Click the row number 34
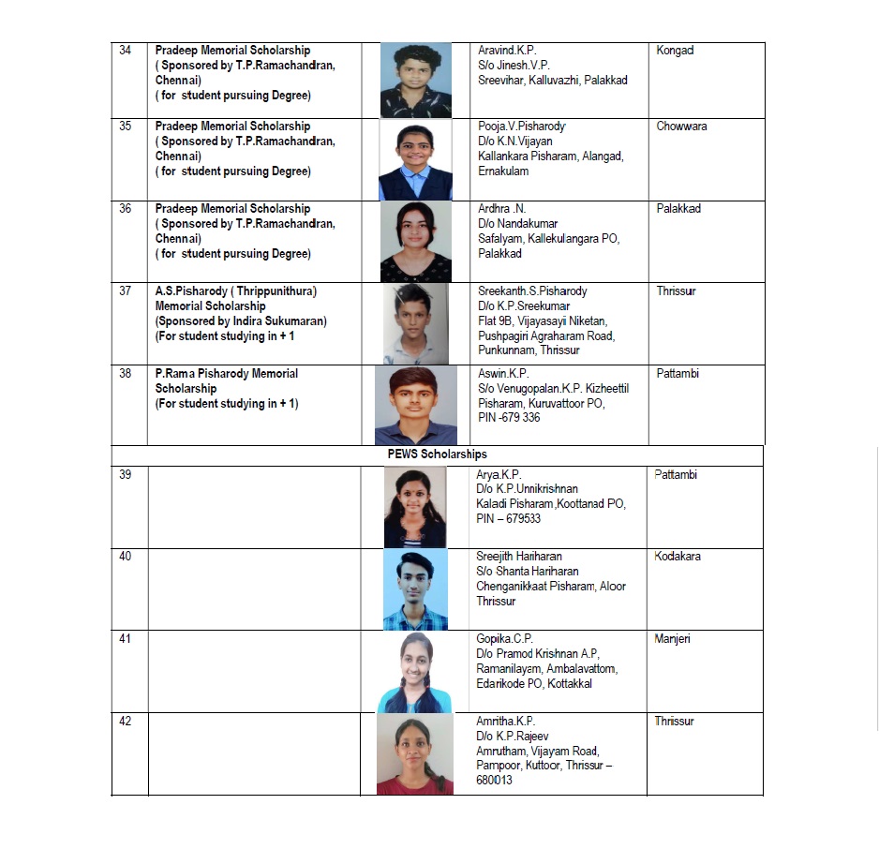point(126,51)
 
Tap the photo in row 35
point(415,160)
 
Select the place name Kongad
point(675,51)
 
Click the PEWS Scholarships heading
point(438,454)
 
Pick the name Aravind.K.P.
point(507,51)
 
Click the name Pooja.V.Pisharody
point(522,127)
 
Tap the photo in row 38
point(416,405)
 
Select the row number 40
point(126,557)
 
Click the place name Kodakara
point(677,557)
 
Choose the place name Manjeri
point(672,639)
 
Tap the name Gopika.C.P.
point(505,639)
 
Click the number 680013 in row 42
point(494,781)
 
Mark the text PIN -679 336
point(509,418)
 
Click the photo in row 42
point(415,754)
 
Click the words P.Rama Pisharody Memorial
point(227,374)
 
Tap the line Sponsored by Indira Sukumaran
point(241,321)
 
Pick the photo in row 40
point(415,589)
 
